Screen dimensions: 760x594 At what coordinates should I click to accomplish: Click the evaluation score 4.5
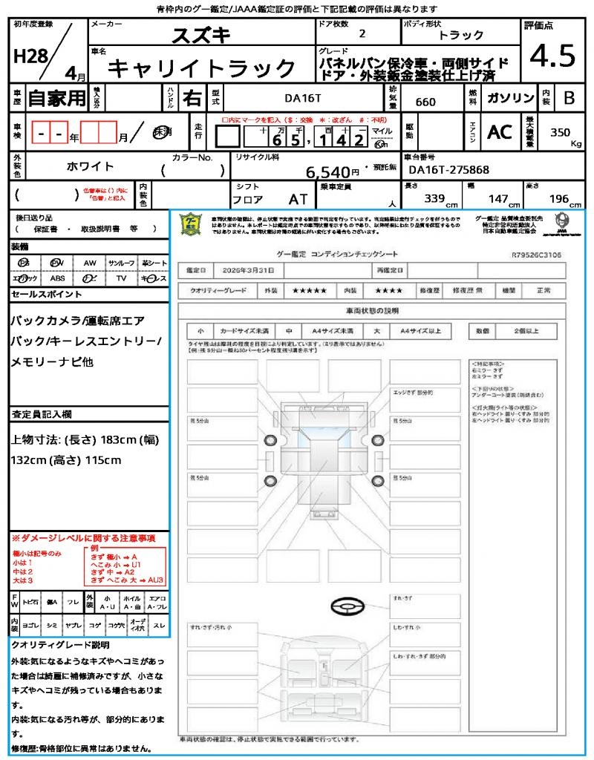point(552,56)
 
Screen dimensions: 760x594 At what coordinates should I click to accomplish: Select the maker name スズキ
point(200,35)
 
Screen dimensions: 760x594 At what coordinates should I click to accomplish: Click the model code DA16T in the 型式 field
point(304,96)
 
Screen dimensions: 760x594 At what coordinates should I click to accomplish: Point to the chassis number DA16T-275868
point(449,170)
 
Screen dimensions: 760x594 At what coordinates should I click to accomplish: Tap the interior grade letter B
point(569,97)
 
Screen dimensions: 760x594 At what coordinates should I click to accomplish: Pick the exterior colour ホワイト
point(91,167)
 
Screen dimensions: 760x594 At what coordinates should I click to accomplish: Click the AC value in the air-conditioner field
point(500,132)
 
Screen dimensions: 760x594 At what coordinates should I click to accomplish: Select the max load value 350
point(560,133)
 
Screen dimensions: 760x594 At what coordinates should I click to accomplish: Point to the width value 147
point(497,199)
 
